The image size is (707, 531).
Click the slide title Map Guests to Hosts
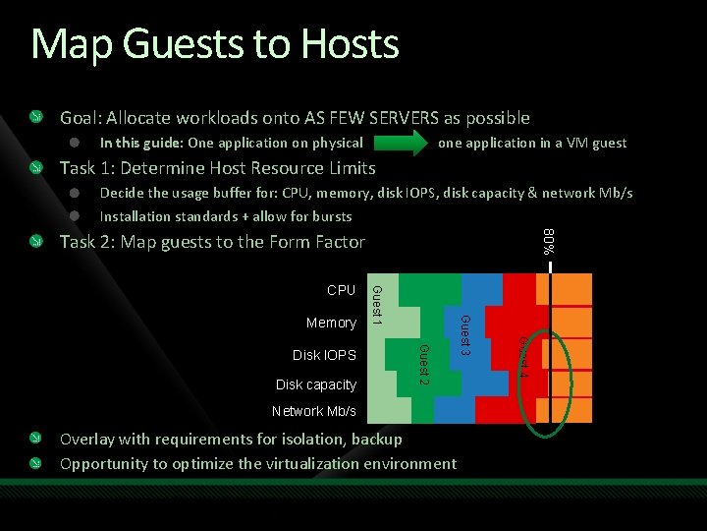pyautogui.click(x=215, y=45)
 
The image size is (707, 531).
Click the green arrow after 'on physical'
pyautogui.click(x=400, y=143)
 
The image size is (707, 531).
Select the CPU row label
pyautogui.click(x=342, y=291)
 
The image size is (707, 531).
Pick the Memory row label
pyautogui.click(x=331, y=323)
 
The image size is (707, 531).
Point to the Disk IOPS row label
pyautogui.click(x=324, y=354)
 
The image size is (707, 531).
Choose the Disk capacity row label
pyautogui.click(x=316, y=383)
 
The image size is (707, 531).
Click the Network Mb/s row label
pyautogui.click(x=313, y=411)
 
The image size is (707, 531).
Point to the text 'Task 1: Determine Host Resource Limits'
pyautogui.click(x=218, y=167)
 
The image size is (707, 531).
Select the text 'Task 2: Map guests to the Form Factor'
pyautogui.click(x=212, y=242)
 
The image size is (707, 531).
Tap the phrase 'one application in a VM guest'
pyautogui.click(x=532, y=144)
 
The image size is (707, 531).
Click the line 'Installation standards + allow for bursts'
pyautogui.click(x=226, y=216)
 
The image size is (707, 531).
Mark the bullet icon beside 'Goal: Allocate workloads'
pyautogui.click(x=36, y=118)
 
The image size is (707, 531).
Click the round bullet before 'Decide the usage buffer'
pyautogui.click(x=75, y=193)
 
